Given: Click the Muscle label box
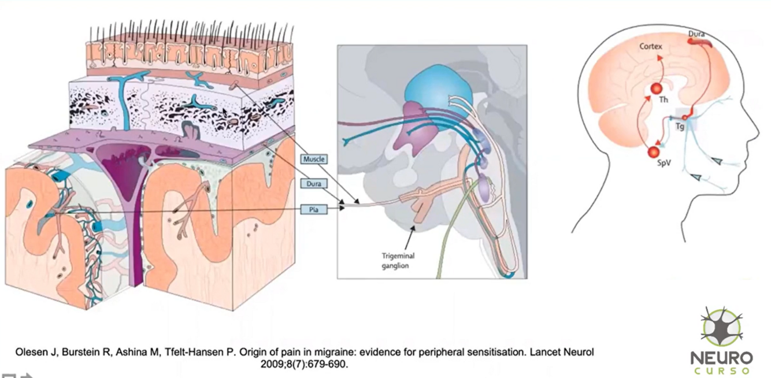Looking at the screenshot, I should tap(314, 158).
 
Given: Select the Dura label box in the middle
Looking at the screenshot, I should tap(314, 184).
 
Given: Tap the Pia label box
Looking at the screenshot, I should tap(314, 209).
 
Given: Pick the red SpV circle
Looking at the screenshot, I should tap(654, 152).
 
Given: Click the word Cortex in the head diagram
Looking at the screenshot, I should tap(650, 46).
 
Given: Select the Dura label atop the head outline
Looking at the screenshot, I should tap(696, 35).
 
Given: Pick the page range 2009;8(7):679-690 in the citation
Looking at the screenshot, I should tap(305, 364).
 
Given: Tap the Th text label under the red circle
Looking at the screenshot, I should tap(663, 100).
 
